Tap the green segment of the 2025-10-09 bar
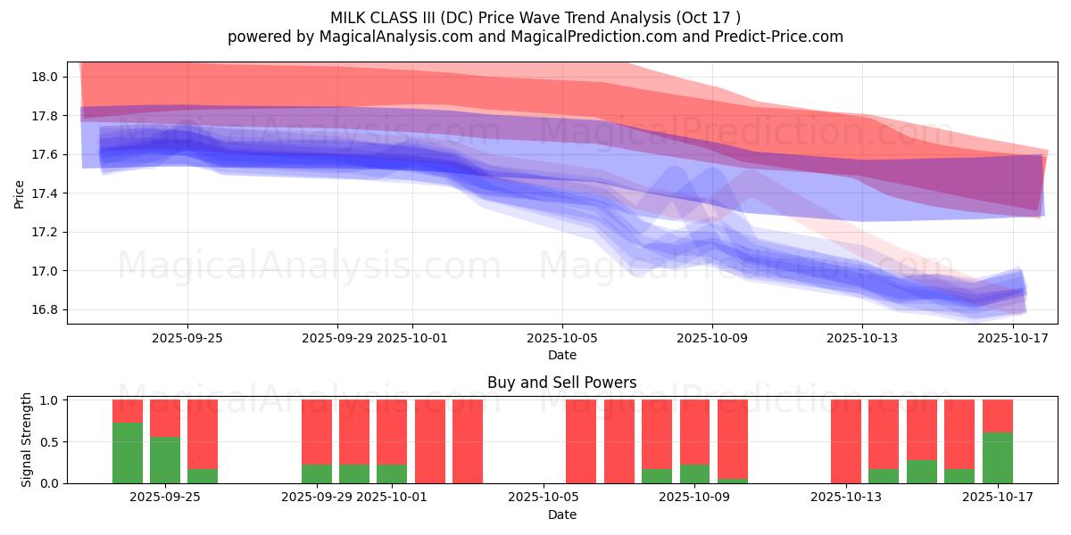click(x=694, y=473)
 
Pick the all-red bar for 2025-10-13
click(x=845, y=441)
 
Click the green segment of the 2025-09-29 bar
click(x=316, y=473)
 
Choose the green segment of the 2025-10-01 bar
click(x=391, y=473)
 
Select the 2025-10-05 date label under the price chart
click(x=562, y=338)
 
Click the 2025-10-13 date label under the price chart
click(x=862, y=338)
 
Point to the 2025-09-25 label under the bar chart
click(x=165, y=498)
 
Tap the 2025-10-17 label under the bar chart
click(x=997, y=498)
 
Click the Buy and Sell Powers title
click(x=562, y=383)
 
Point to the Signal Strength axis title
click(x=27, y=440)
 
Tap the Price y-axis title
click(x=19, y=193)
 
